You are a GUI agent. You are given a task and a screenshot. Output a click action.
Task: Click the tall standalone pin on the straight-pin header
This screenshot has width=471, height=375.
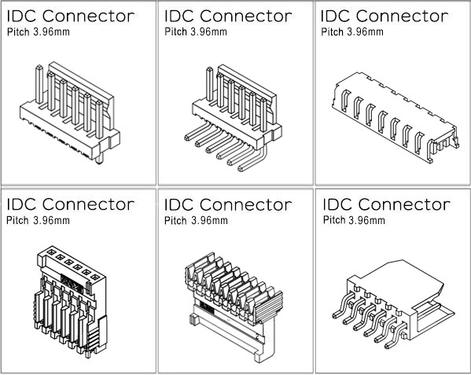tap(39, 84)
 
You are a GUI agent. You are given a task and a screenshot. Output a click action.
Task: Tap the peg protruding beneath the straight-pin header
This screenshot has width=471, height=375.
tap(99, 159)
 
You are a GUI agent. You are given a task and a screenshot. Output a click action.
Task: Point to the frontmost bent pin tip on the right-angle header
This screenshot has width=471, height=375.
tap(241, 168)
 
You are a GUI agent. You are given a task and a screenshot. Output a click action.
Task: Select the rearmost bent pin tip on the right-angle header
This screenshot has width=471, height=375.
tap(187, 138)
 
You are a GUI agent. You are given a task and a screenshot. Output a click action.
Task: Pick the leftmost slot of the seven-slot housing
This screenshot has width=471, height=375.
tap(345, 101)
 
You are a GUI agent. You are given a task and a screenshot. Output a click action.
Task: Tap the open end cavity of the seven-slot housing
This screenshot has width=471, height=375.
tap(444, 144)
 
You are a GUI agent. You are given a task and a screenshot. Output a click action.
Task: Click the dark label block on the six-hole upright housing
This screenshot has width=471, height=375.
tap(72, 282)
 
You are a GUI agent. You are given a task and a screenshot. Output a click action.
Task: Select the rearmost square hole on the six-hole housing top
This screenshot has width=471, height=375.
tap(51, 252)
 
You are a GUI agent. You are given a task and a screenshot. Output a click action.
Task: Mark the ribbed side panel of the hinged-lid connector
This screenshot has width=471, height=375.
tap(269, 307)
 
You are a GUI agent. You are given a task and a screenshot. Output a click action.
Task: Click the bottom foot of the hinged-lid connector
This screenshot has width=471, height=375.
tap(261, 357)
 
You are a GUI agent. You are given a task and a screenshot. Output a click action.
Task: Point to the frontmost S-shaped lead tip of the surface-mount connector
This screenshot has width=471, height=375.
tap(388, 346)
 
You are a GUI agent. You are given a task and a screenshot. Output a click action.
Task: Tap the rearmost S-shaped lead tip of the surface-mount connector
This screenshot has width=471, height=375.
tap(336, 315)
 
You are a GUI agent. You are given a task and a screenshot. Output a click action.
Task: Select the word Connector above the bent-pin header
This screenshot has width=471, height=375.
tap(245, 16)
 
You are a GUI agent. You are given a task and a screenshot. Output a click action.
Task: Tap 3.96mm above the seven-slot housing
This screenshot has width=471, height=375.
tap(365, 31)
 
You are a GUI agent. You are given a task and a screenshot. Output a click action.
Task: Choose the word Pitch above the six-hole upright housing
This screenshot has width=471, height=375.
tap(18, 220)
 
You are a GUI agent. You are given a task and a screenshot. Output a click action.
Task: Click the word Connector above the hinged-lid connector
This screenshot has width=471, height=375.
tap(245, 204)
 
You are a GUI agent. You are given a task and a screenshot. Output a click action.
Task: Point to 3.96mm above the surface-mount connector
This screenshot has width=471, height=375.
tap(366, 220)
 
